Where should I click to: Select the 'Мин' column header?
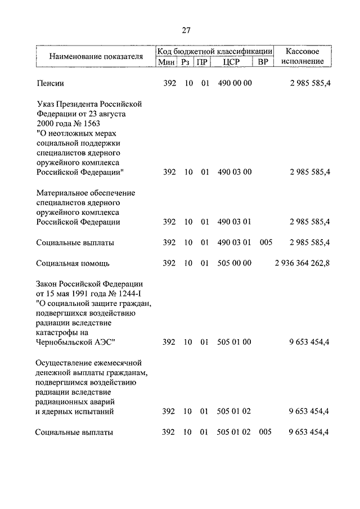[x=166, y=62]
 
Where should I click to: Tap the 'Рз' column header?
[x=185, y=62]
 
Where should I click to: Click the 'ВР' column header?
[x=263, y=62]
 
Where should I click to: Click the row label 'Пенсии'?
[x=50, y=83]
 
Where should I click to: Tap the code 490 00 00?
[x=234, y=83]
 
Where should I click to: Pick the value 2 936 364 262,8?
[x=302, y=263]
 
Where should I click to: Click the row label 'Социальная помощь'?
[x=73, y=263]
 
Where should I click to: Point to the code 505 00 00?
[x=234, y=263]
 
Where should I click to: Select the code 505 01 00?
[x=234, y=341]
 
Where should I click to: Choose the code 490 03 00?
[x=234, y=172]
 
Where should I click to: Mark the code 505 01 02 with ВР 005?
[x=233, y=432]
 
